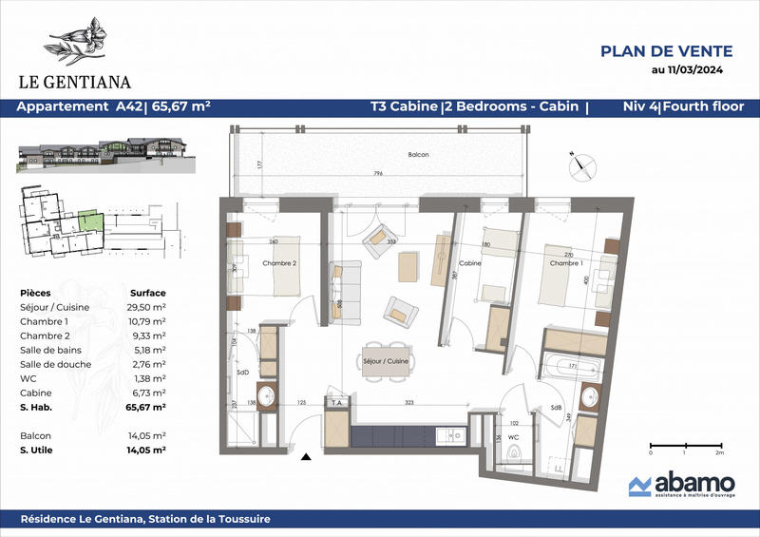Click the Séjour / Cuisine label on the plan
(x=384, y=361)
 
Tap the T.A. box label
(x=336, y=403)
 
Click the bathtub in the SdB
(x=570, y=364)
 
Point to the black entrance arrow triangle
(x=306, y=458)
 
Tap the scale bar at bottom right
(x=684, y=445)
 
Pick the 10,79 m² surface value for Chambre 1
(x=148, y=321)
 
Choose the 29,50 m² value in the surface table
(x=148, y=307)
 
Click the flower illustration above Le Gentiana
(x=80, y=41)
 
